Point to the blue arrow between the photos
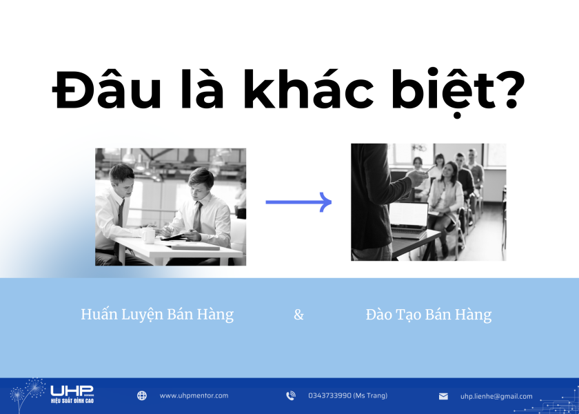(298, 202)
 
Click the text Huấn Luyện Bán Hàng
(157, 315)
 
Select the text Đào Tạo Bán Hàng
(429, 315)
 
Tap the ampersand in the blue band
(298, 315)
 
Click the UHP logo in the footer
(72, 391)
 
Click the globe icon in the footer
(142, 395)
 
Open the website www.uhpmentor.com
(194, 395)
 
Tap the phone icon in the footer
(291, 395)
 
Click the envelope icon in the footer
(443, 396)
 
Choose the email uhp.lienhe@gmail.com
(496, 396)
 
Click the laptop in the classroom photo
(408, 216)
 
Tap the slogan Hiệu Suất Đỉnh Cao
(72, 400)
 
